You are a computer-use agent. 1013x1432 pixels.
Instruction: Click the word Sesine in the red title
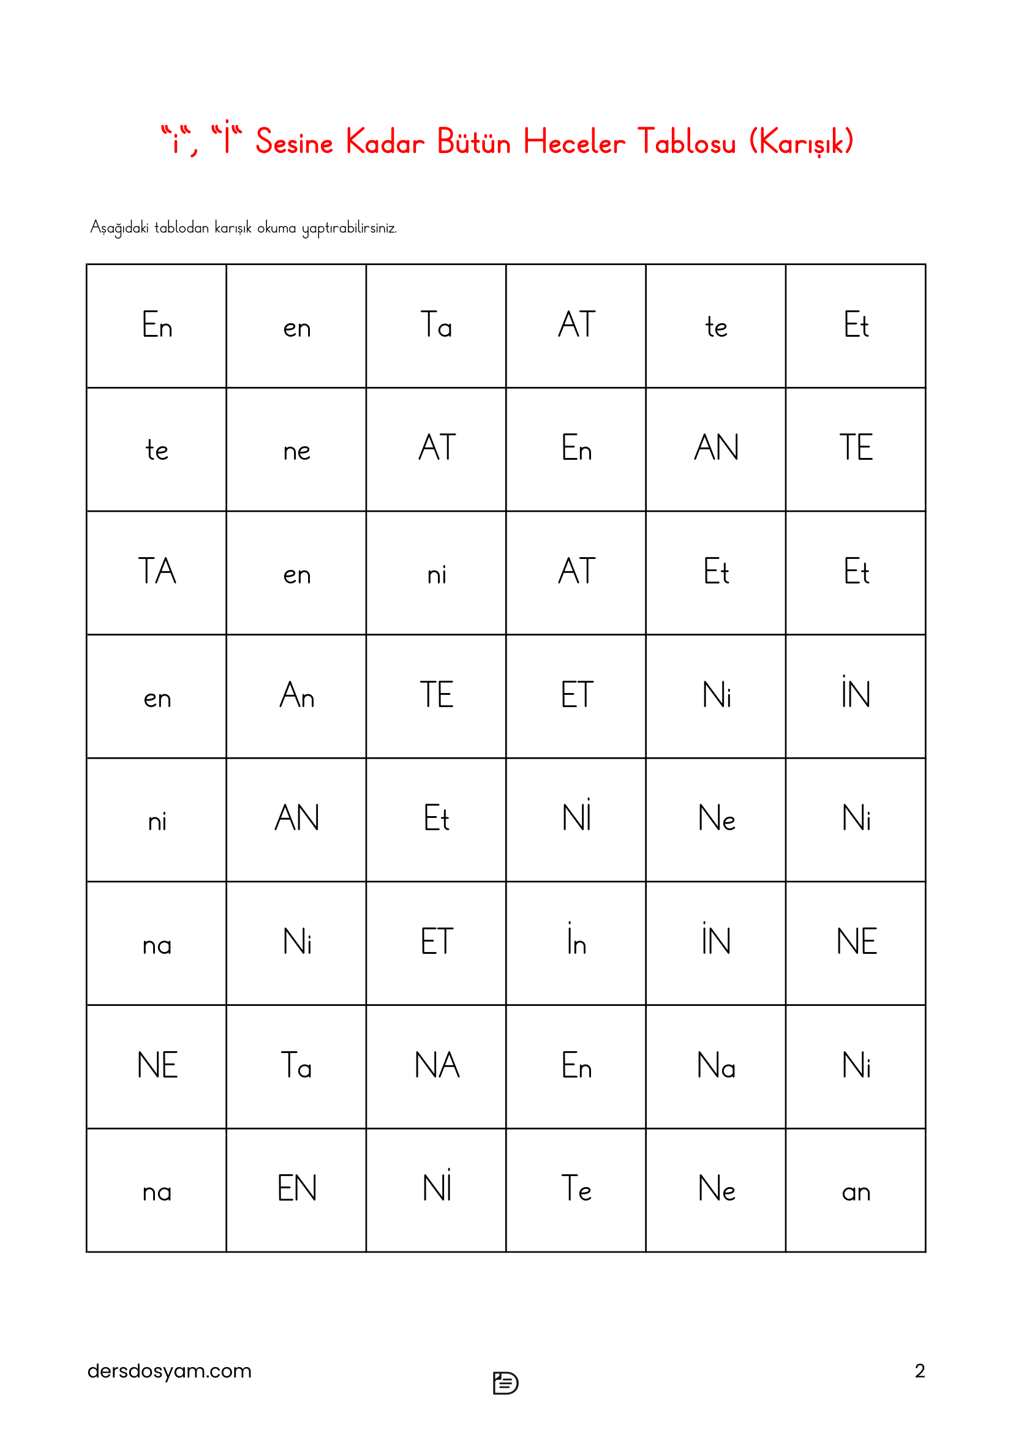[x=294, y=142]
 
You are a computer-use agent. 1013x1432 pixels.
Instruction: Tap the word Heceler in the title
[x=574, y=142]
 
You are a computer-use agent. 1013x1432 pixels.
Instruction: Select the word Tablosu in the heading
[x=686, y=142]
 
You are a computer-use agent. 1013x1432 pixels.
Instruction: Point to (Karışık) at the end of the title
[x=801, y=142]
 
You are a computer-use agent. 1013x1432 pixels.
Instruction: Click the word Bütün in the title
[x=473, y=142]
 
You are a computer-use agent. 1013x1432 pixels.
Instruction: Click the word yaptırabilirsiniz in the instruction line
[x=349, y=228]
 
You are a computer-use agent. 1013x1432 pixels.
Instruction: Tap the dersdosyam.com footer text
[x=169, y=1371]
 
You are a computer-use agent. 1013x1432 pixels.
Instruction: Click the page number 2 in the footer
[x=919, y=1371]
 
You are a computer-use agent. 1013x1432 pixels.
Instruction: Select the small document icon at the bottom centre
[x=505, y=1383]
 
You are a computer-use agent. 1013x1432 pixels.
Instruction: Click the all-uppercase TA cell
[x=157, y=571]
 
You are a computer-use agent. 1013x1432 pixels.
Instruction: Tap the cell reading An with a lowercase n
[x=296, y=695]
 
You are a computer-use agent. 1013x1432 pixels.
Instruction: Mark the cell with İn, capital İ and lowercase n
[x=576, y=942]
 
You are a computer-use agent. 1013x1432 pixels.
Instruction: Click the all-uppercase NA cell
[x=437, y=1065]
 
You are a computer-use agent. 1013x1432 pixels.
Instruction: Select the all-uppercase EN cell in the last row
[x=296, y=1189]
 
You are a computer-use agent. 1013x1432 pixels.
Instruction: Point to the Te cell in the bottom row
[x=576, y=1189]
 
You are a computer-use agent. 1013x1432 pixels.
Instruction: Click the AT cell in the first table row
[x=576, y=325]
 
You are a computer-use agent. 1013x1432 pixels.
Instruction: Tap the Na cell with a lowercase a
[x=716, y=1065]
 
